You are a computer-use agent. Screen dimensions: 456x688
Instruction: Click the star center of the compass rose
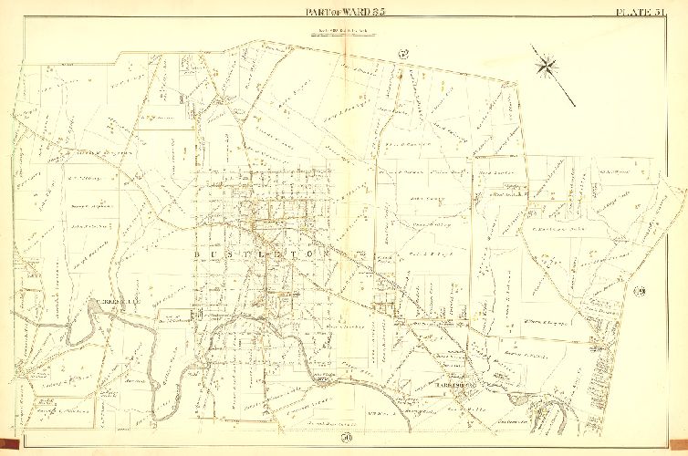[x=547, y=65]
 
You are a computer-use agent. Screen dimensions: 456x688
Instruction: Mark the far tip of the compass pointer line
[x=574, y=103]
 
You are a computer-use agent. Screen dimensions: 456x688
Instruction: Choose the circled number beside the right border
[x=639, y=292]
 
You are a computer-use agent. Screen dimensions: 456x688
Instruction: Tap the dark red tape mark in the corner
[x=8, y=447]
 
